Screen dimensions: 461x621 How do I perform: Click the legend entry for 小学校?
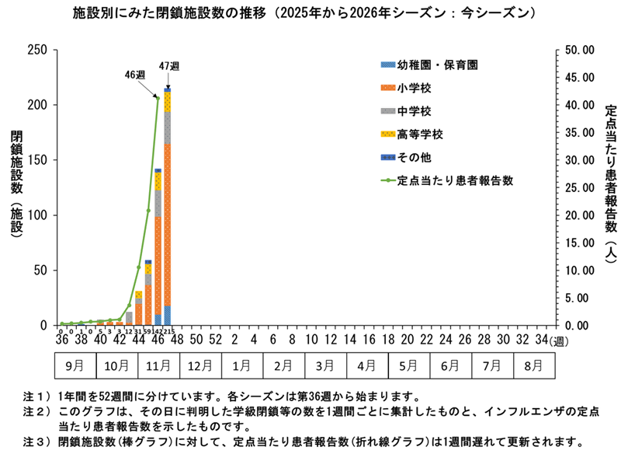point(408,88)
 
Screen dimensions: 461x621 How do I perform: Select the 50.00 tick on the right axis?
point(579,50)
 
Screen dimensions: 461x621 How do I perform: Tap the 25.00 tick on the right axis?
point(579,187)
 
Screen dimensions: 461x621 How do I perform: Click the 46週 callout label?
point(135,75)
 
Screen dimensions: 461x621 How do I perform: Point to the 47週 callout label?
point(168,65)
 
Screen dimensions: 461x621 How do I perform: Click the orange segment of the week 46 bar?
point(158,264)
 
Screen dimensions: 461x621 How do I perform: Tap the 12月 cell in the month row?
point(199,363)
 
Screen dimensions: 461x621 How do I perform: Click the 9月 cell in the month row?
point(75,363)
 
